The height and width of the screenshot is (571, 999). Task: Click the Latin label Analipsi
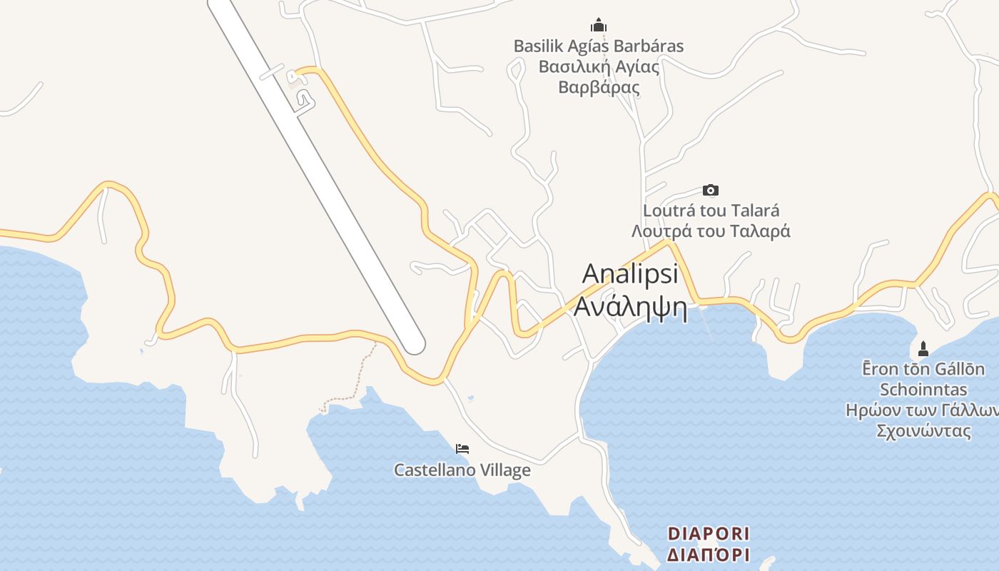[x=629, y=274]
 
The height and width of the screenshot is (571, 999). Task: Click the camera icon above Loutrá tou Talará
[x=710, y=190]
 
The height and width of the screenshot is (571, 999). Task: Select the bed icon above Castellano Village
[x=462, y=449]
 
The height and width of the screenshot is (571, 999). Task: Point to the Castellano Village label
[x=462, y=470]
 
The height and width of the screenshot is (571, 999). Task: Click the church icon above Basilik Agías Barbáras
[x=598, y=25]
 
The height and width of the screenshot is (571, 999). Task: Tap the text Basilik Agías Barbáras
[x=598, y=46]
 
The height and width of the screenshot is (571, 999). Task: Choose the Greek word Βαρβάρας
[x=598, y=88]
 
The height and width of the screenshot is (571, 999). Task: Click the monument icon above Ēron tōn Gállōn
[x=923, y=349]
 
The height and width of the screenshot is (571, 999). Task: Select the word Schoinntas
[x=923, y=390]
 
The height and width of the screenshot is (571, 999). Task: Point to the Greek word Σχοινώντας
[x=923, y=431]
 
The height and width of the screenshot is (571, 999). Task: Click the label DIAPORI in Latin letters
[x=709, y=533]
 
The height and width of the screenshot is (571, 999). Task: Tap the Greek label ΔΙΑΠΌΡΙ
[x=709, y=555]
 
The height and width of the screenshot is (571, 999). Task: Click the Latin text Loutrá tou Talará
[x=711, y=211]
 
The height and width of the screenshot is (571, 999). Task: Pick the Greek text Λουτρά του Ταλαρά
[x=711, y=231]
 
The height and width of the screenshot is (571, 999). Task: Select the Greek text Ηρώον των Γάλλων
[x=921, y=410]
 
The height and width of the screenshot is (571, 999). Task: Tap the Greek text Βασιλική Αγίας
[x=598, y=67]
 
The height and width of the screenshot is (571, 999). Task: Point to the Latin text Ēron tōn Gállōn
[x=923, y=369]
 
